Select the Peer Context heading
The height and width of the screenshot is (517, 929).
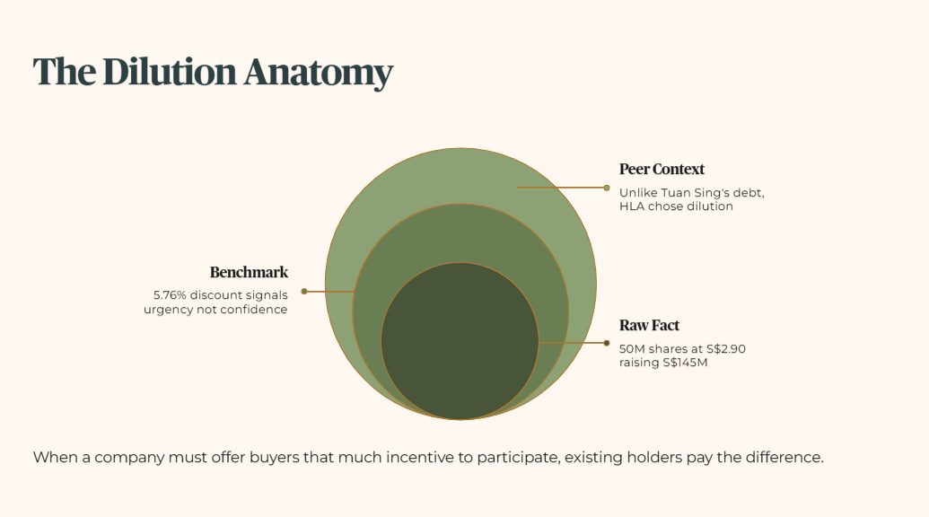[662, 169]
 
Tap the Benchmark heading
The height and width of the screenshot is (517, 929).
[249, 272]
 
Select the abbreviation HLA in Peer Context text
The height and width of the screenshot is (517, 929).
[631, 206]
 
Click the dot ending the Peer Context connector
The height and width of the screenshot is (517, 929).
[607, 188]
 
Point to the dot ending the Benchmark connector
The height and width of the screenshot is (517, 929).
[304, 291]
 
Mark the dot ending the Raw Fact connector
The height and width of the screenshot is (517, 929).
[607, 343]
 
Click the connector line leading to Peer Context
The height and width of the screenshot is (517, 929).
[561, 188]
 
